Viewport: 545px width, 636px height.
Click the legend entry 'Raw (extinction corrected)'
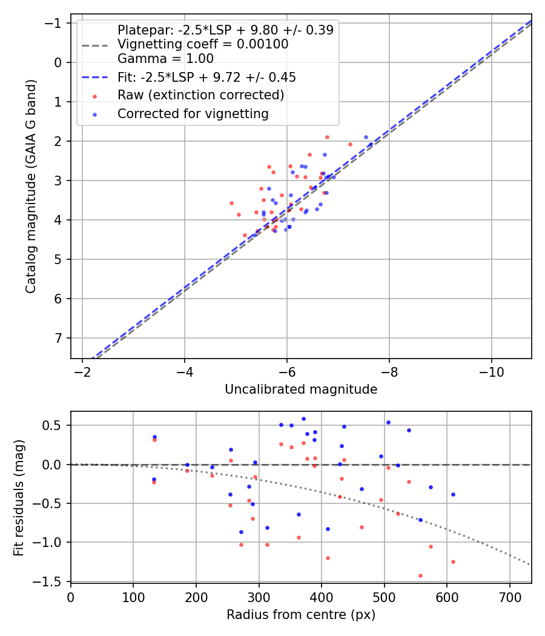200,95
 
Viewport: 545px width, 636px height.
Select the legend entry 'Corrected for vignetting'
193,113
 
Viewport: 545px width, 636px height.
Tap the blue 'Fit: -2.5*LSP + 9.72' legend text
206,78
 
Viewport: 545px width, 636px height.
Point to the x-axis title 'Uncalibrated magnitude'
301,389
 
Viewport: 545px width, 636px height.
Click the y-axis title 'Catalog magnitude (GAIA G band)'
31,186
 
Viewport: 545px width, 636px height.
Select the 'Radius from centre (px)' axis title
301,615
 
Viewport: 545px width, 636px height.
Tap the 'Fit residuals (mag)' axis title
19,497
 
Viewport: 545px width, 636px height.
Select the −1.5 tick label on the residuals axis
51,581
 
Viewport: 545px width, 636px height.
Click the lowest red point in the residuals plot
420,575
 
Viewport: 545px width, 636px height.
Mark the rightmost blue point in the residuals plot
452,494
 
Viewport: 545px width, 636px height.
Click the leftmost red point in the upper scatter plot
231,203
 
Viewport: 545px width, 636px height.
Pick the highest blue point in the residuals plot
303,419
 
